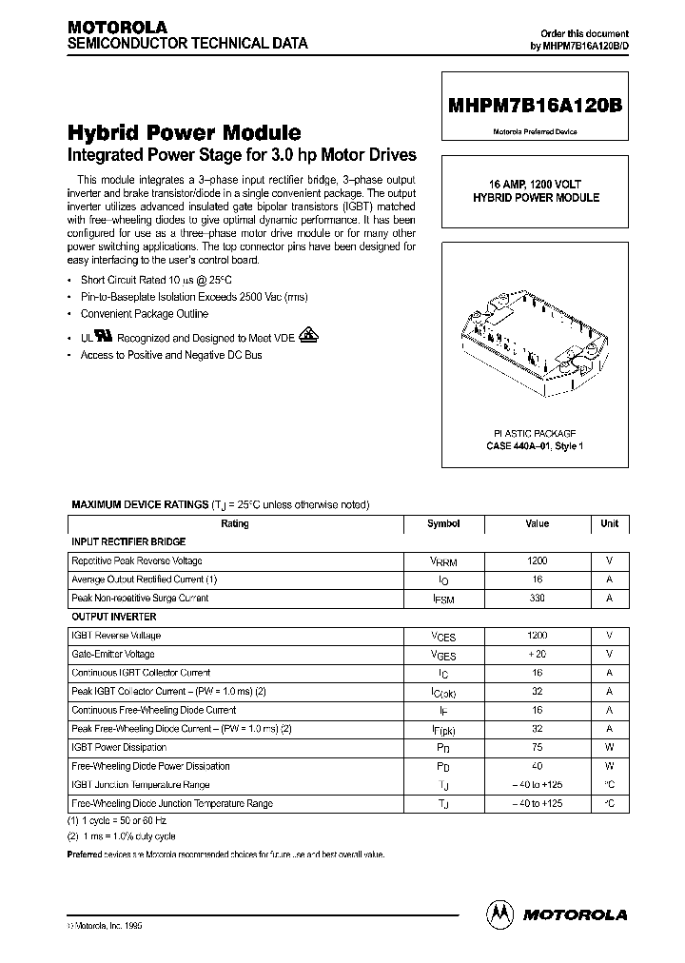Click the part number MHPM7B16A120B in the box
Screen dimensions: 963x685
(x=534, y=109)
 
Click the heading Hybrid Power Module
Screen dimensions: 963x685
(x=184, y=132)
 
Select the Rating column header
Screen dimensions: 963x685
(x=235, y=523)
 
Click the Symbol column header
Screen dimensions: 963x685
(x=443, y=523)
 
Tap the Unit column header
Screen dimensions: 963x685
(x=609, y=523)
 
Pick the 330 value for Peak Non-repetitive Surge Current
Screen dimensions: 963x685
(x=538, y=599)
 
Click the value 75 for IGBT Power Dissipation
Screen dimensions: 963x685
(x=538, y=747)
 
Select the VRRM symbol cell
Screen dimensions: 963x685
(x=443, y=561)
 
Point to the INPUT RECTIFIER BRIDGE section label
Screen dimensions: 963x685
(x=128, y=541)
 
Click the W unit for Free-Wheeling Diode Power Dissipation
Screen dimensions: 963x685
(x=609, y=766)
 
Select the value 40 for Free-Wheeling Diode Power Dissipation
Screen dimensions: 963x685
(x=538, y=766)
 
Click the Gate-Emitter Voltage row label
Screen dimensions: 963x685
(x=113, y=654)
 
